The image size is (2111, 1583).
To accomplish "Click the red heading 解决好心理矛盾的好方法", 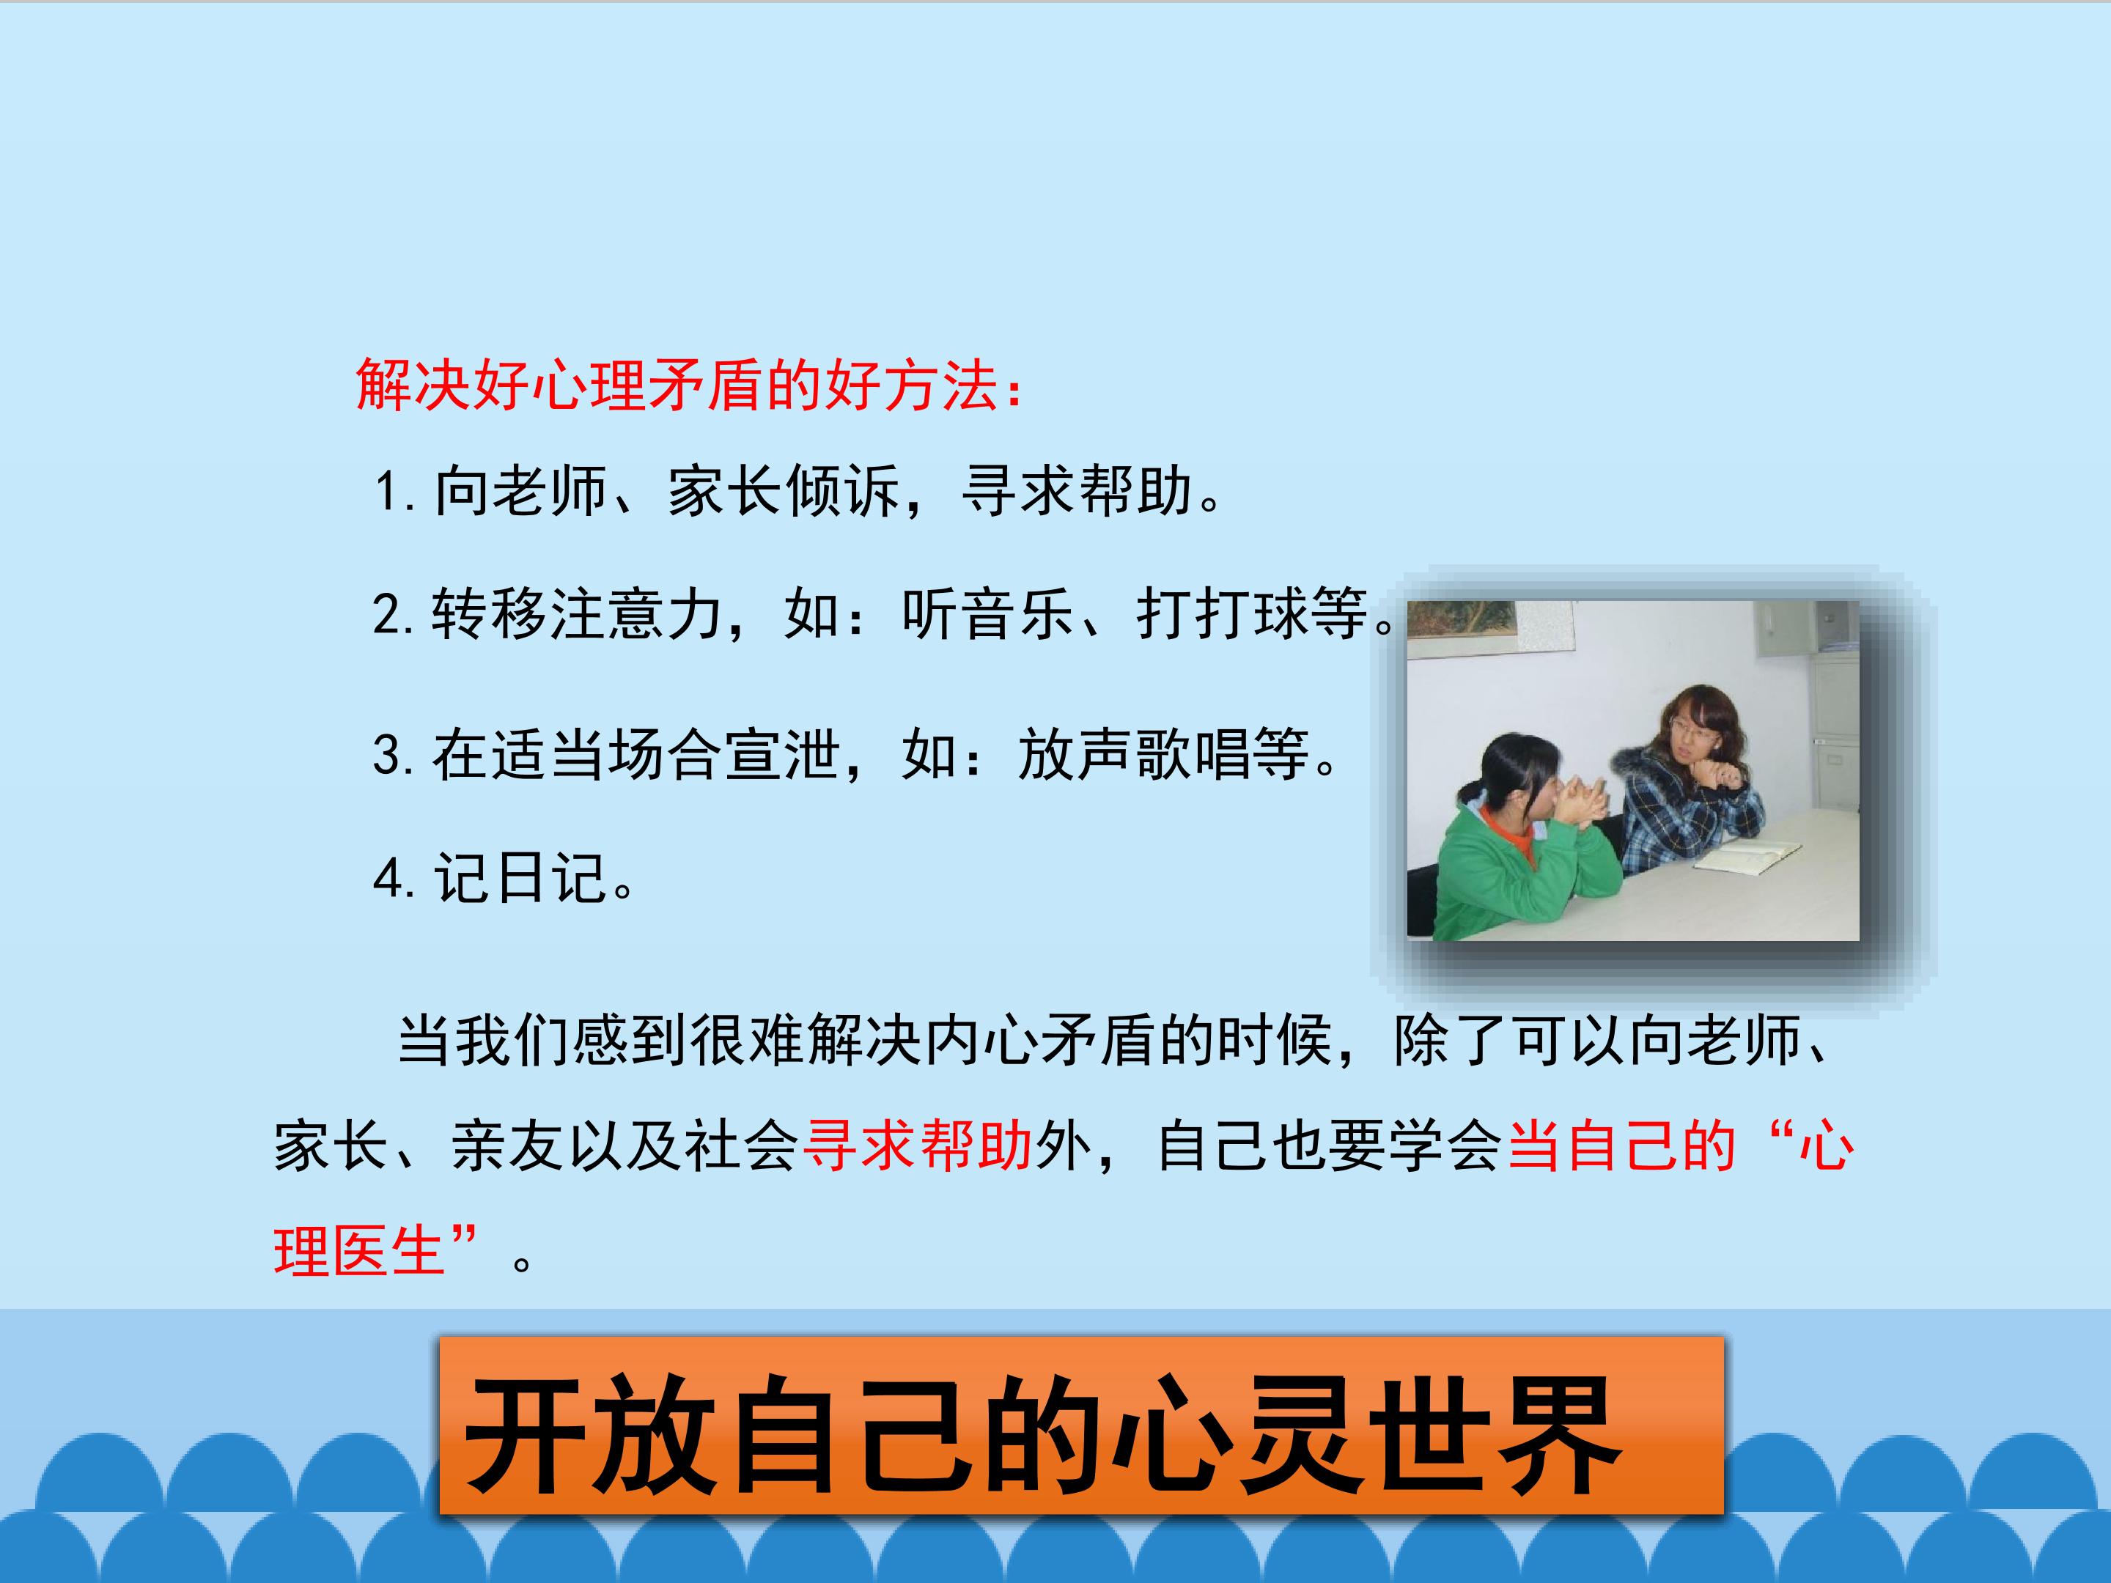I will pos(687,386).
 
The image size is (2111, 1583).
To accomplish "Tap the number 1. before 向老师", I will pos(394,493).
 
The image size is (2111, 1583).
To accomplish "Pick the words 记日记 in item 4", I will pos(520,878).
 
